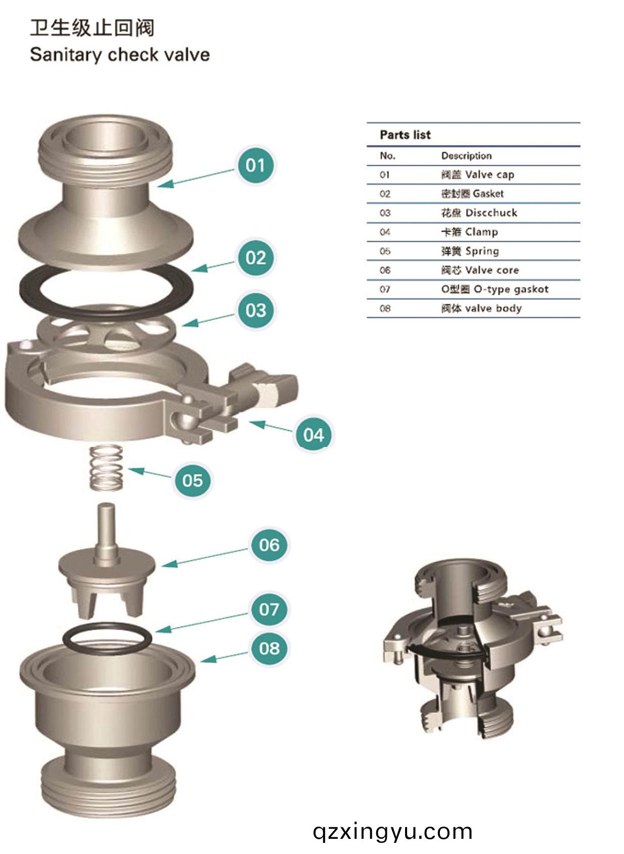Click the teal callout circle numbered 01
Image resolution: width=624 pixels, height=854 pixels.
point(255,165)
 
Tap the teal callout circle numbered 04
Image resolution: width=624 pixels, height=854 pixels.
point(314,435)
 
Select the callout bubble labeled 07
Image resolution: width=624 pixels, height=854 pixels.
point(269,610)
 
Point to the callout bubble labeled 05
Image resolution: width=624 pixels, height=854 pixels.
point(193,480)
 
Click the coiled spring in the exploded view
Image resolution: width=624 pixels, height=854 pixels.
point(106,467)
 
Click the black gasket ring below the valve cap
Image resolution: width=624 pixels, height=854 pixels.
point(106,288)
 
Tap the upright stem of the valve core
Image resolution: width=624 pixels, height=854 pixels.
point(106,531)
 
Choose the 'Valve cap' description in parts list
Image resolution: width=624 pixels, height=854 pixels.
point(477,175)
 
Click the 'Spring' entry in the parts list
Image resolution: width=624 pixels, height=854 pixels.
point(470,251)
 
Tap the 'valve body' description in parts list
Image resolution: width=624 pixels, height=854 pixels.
point(481,308)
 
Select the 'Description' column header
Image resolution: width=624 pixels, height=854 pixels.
point(466,156)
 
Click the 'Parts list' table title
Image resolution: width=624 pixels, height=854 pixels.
point(405,135)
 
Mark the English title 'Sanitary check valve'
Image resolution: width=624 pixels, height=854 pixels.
point(120,55)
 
